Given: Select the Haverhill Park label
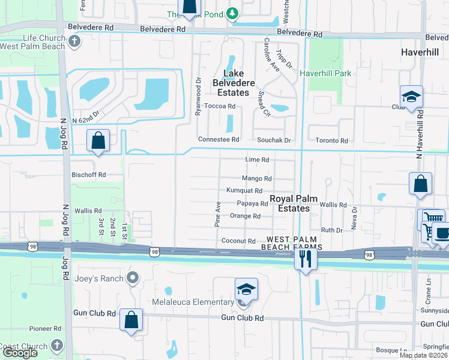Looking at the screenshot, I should pyautogui.click(x=325, y=73).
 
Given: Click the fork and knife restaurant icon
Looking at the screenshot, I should pyautogui.click(x=306, y=259).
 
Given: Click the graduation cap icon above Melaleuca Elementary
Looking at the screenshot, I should pyautogui.click(x=246, y=290).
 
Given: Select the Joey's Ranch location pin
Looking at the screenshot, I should pyautogui.click(x=133, y=278).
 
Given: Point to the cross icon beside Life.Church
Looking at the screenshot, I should pyautogui.click(x=74, y=41).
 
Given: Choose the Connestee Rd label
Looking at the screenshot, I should pyautogui.click(x=219, y=140).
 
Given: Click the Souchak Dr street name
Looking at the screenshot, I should pyautogui.click(x=274, y=140).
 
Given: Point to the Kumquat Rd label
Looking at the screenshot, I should pyautogui.click(x=244, y=191).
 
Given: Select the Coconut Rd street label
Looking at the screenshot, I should pyautogui.click(x=239, y=241).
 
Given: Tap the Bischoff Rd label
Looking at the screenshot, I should pyautogui.click(x=89, y=175).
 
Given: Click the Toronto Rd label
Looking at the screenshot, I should pyautogui.click(x=332, y=140).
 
